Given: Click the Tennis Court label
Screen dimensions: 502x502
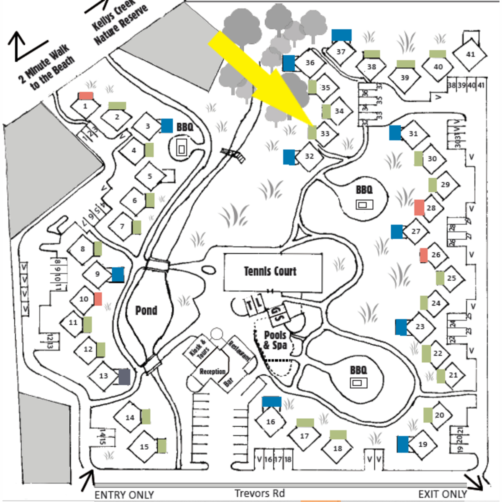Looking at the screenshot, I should pyautogui.click(x=270, y=271).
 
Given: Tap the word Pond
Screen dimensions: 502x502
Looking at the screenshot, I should pyautogui.click(x=146, y=310).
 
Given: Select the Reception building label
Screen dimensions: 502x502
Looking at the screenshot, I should pyautogui.click(x=212, y=371).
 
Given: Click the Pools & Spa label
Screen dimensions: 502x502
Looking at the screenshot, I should pyautogui.click(x=275, y=340).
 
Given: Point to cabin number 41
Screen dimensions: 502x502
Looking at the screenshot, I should pyautogui.click(x=471, y=54).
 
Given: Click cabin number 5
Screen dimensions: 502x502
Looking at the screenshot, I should pyautogui.click(x=150, y=176).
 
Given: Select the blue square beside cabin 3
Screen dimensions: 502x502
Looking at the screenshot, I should pyautogui.click(x=166, y=125).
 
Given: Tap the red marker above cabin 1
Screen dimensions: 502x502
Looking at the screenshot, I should pyautogui.click(x=85, y=96).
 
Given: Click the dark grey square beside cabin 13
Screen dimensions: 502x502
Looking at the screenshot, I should pyautogui.click(x=124, y=376).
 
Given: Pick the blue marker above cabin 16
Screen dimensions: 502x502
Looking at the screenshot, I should pyautogui.click(x=271, y=402).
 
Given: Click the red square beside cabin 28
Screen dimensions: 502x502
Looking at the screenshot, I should pyautogui.click(x=419, y=207).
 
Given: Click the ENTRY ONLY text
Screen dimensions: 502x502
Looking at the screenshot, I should pyautogui.click(x=124, y=495).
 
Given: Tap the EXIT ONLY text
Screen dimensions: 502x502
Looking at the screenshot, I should pyautogui.click(x=442, y=494).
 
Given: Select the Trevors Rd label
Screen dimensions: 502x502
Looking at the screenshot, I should pyautogui.click(x=259, y=493).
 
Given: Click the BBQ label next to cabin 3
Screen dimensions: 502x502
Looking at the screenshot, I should pyautogui.click(x=184, y=127).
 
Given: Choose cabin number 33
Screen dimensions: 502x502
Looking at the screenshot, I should pyautogui.click(x=325, y=134).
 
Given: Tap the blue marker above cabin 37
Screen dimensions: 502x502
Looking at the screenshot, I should pyautogui.click(x=341, y=36).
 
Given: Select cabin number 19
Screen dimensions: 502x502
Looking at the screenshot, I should pyautogui.click(x=423, y=444).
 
